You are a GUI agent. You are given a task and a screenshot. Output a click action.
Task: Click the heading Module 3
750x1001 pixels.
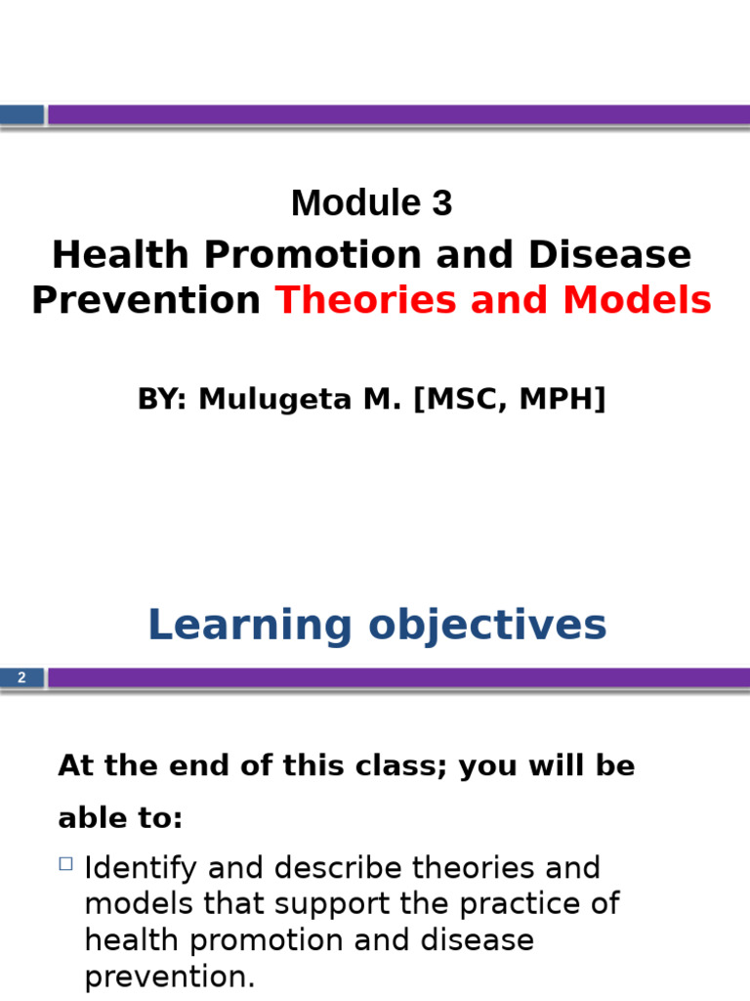[x=371, y=203]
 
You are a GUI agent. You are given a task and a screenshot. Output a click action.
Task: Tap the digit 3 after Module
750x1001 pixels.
[x=441, y=203]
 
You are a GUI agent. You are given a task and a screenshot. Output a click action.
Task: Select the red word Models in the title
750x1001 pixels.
[x=637, y=300]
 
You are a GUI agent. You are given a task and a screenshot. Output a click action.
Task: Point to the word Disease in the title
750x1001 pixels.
[x=610, y=255]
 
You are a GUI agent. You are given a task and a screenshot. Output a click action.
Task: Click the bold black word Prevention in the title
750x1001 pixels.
[x=146, y=300]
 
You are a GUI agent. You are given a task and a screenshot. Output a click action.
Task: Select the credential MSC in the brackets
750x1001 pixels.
[x=463, y=399]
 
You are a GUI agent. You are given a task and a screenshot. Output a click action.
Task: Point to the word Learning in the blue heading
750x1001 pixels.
[x=249, y=626]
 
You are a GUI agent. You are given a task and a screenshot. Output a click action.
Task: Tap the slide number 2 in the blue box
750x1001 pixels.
[x=21, y=677]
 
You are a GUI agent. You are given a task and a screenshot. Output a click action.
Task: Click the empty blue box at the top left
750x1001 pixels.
[x=21, y=114]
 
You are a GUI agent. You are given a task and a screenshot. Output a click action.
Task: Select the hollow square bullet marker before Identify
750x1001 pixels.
[x=65, y=863]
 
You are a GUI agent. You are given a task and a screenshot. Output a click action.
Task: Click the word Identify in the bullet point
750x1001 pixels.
[x=141, y=868]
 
